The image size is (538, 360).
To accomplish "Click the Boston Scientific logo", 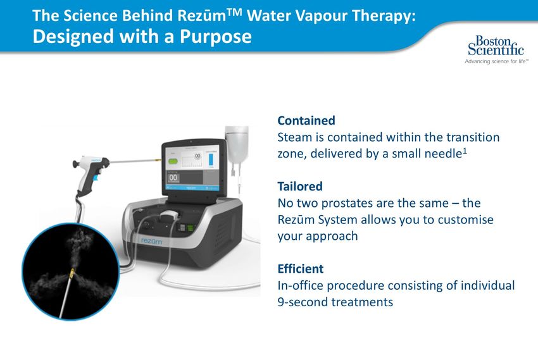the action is coord(496,49).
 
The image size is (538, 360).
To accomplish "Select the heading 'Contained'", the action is coord(306,121).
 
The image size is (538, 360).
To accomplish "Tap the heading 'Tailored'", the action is coord(300,187).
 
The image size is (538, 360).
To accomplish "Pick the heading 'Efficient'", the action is coord(300,269).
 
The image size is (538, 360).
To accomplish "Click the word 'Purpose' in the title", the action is coord(215,37).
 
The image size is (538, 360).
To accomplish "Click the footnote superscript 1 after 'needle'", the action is coord(465,150).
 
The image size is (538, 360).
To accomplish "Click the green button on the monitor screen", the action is coord(173,161).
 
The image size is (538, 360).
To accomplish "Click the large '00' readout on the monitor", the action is coord(173,178).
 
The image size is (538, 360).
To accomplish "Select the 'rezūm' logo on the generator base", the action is coord(151,242).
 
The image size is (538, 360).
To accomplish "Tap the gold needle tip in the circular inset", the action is coord(72,273).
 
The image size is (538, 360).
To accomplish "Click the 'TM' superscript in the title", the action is coord(234,13).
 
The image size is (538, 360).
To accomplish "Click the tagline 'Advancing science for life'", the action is coord(496,61).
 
